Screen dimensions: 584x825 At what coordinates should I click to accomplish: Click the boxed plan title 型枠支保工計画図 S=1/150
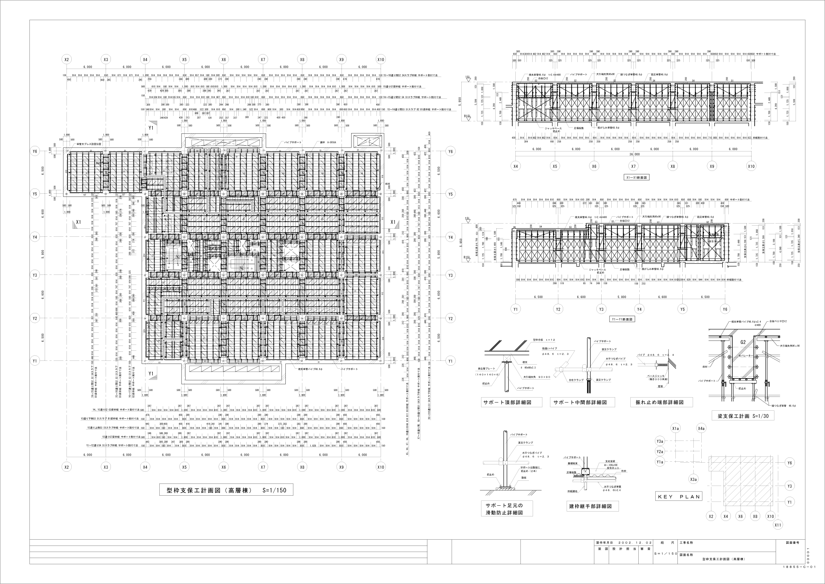tap(226, 490)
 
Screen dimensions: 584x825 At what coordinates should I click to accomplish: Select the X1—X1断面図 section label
tap(637, 177)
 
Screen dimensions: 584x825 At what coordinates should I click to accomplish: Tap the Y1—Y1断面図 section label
tap(622, 319)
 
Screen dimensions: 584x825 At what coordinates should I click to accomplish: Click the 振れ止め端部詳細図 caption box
tap(662, 402)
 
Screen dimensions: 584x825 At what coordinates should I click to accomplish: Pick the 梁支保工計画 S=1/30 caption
tap(743, 416)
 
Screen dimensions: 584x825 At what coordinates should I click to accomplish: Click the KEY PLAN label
tap(679, 497)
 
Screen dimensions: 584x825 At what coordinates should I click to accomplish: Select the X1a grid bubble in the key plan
tap(675, 428)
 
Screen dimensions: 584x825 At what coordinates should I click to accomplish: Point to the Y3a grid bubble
tap(660, 441)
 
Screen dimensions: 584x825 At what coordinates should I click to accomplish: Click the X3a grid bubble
tap(693, 479)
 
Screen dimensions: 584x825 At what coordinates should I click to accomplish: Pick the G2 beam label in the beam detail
tap(743, 342)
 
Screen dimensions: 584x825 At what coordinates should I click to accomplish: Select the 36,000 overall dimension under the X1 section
tap(635, 154)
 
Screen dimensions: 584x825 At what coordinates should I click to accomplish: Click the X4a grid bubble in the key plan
tap(701, 428)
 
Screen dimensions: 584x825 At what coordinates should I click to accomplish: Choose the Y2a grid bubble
tap(660, 451)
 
